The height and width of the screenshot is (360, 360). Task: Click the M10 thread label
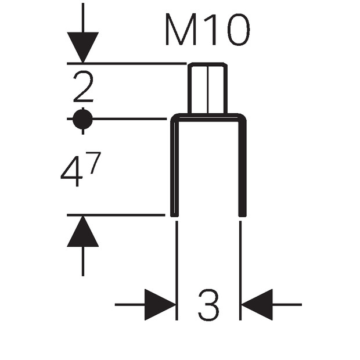click(207, 29)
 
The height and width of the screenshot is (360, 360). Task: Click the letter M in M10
click(181, 29)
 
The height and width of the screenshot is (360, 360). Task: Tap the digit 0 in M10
click(239, 29)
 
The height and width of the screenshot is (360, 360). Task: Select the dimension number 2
click(84, 87)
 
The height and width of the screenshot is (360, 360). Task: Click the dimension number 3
click(208, 305)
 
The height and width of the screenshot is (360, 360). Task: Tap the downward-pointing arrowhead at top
click(83, 47)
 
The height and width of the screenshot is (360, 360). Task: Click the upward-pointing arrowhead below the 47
click(83, 232)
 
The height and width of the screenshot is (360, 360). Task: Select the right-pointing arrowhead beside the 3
click(160, 305)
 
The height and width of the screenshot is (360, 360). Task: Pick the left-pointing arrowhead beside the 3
click(257, 305)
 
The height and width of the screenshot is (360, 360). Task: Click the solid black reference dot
click(83, 119)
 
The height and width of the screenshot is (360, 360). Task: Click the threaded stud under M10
click(208, 88)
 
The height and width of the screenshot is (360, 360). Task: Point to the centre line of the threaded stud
click(208, 89)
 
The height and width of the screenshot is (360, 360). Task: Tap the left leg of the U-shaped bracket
click(174, 167)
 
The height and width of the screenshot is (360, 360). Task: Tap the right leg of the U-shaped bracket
click(243, 167)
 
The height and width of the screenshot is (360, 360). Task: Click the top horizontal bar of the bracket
click(208, 117)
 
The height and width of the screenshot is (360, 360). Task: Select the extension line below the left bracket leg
click(177, 271)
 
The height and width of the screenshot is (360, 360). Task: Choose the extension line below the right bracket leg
click(240, 271)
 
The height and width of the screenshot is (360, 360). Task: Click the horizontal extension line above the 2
click(127, 63)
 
